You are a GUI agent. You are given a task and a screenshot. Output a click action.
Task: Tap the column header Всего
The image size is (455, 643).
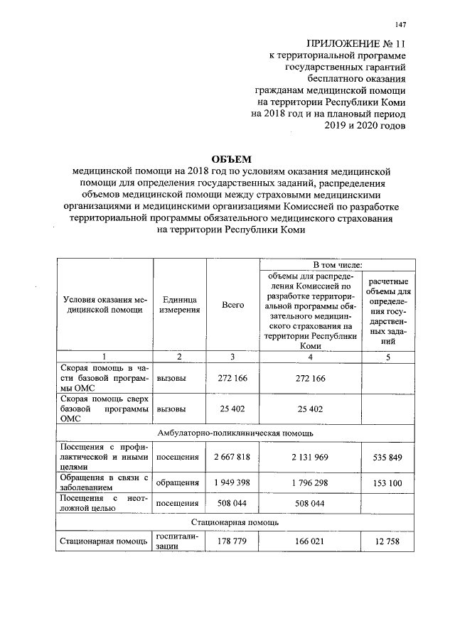[232, 306]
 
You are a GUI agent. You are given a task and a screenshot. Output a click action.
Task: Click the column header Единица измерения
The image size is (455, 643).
[179, 306]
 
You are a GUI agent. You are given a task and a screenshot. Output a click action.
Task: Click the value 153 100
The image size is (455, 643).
[387, 483]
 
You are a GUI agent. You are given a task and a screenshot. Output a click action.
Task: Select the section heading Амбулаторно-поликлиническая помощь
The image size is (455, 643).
[232, 433]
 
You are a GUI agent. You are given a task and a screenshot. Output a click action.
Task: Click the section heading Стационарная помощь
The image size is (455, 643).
[232, 522]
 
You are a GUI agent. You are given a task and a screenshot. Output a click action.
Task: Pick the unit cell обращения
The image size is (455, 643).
[177, 483]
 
